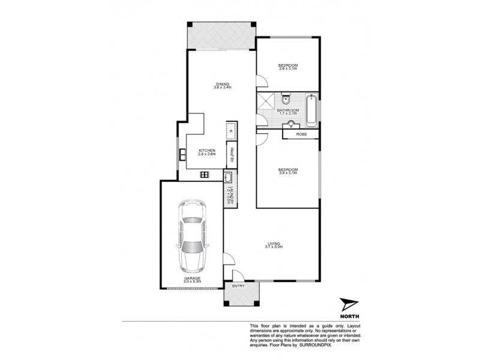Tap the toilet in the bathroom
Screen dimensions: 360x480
[287, 100]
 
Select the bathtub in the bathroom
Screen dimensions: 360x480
[311, 111]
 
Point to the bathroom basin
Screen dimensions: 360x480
[291, 124]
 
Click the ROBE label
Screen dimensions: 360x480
[302, 134]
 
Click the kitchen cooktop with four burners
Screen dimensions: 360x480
[204, 175]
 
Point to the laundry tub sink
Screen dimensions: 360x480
[229, 178]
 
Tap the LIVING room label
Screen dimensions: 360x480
[274, 242]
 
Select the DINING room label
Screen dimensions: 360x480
[223, 84]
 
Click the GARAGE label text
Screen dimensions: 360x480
[193, 278]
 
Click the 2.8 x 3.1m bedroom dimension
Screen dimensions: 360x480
[288, 68]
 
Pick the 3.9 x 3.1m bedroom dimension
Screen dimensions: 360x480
[288, 173]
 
